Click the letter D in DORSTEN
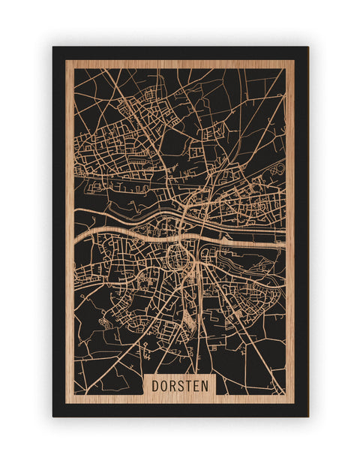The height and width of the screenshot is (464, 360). (x=155, y=385)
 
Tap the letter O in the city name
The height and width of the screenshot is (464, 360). (x=164, y=385)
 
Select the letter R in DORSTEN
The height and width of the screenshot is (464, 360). (x=173, y=385)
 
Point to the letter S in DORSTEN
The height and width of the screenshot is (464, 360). (x=182, y=385)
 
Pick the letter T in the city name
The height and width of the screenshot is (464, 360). (x=190, y=385)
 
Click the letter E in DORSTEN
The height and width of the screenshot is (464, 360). (x=199, y=385)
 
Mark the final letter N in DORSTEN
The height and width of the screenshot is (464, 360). (x=208, y=385)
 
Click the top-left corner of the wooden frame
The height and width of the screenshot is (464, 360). (x=66, y=61)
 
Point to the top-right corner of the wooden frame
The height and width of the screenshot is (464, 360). (x=294, y=61)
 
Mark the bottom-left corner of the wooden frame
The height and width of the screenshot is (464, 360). (x=66, y=403)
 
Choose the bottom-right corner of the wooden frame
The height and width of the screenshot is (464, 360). (x=294, y=403)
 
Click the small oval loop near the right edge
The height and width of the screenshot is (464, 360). (x=278, y=169)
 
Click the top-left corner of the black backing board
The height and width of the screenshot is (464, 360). (x=53, y=47)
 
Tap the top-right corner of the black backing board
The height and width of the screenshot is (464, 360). (x=307, y=47)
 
